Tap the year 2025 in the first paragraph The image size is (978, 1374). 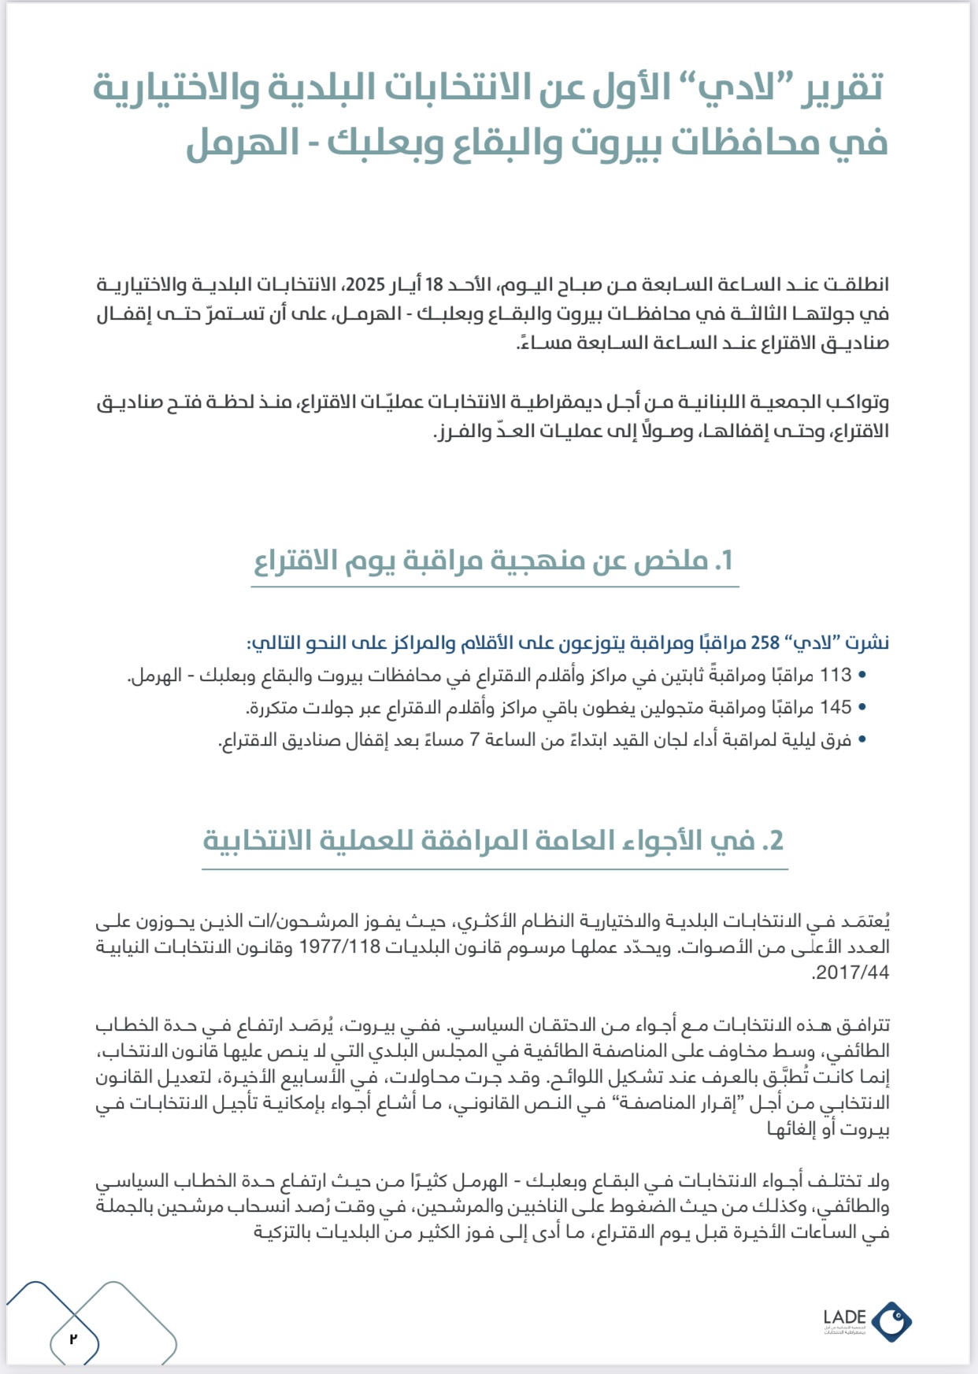click(x=365, y=284)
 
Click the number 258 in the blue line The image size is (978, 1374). click(x=765, y=643)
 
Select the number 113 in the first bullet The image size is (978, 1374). click(x=835, y=676)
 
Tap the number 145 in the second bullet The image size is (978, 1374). click(x=835, y=708)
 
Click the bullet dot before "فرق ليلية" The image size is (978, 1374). click(x=862, y=740)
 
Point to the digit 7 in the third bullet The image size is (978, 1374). click(x=475, y=740)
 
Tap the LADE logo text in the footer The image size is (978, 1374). click(x=845, y=1317)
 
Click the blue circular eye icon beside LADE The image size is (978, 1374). click(x=892, y=1320)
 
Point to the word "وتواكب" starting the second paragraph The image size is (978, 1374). click(x=861, y=402)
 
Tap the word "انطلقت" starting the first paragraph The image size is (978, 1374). click(x=861, y=284)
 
